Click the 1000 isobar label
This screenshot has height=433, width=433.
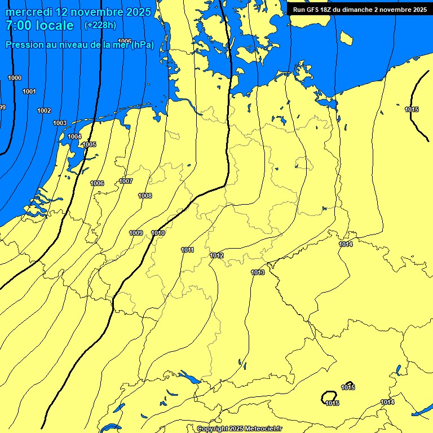15,78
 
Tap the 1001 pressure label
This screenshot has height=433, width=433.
29,91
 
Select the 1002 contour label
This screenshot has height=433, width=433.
44,111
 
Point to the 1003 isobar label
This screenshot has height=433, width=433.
60,123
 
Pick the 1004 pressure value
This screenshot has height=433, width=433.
74,136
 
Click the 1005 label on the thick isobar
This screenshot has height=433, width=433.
89,144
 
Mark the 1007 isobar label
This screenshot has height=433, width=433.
126,181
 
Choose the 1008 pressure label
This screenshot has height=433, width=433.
145,196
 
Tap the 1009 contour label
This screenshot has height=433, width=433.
136,233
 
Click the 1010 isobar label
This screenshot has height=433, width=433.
158,233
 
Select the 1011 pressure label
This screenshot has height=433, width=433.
188,250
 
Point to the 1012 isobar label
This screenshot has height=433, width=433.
217,255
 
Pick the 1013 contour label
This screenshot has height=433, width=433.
258,272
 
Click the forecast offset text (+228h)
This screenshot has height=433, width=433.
100,25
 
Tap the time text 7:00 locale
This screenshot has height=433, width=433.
39,25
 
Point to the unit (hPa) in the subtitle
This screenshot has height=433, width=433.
142,45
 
